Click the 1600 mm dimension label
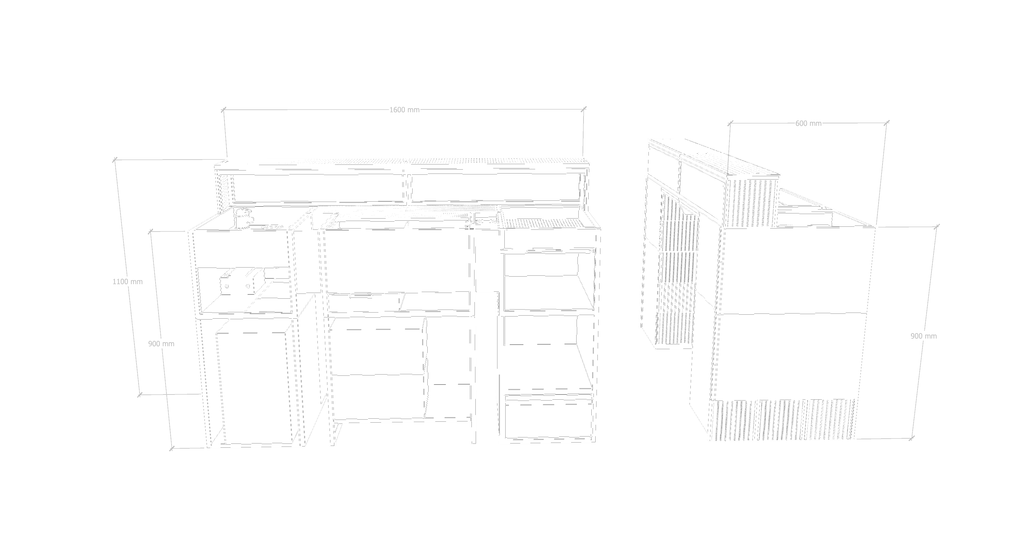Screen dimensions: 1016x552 coord(404,110)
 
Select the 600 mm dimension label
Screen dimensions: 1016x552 coord(808,124)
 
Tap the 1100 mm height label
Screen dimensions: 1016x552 coord(127,281)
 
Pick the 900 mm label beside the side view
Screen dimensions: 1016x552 coord(923,336)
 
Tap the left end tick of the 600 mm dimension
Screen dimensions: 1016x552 coord(730,124)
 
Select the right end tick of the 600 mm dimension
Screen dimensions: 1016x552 coord(887,123)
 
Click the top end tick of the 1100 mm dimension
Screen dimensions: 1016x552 coord(115,160)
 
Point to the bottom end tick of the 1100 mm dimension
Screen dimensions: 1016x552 coord(139,395)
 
